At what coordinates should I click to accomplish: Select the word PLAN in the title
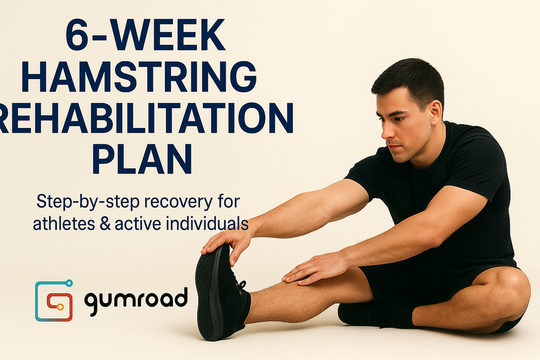tap(142, 157)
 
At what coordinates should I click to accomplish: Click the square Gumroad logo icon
tap(54, 300)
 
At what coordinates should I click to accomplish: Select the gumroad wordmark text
tap(135, 299)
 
